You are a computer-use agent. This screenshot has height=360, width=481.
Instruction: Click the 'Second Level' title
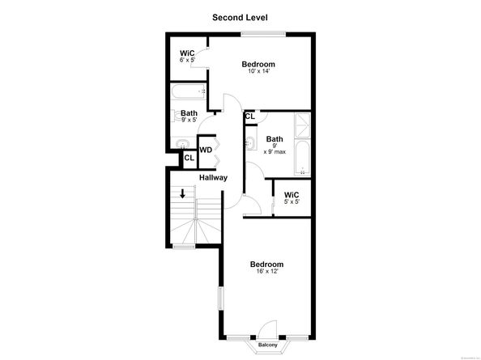[x=240, y=17]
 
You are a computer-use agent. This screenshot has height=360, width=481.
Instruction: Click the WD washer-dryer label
[x=206, y=150]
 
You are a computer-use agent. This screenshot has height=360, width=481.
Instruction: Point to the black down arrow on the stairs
[x=183, y=194]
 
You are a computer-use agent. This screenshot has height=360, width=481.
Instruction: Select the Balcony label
[x=267, y=345]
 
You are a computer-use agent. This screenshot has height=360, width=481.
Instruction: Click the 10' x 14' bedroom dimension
[x=258, y=72]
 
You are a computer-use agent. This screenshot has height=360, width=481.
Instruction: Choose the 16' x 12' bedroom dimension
[x=266, y=273]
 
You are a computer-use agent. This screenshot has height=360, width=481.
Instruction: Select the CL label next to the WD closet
[x=189, y=157]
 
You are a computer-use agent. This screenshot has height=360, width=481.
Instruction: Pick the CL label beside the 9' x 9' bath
[x=250, y=116]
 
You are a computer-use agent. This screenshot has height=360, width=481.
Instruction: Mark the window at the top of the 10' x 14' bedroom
[x=262, y=33]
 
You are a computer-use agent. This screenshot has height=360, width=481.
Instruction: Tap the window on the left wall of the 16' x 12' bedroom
[x=219, y=296]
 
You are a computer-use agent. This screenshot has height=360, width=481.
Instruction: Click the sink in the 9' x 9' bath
[x=252, y=145]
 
